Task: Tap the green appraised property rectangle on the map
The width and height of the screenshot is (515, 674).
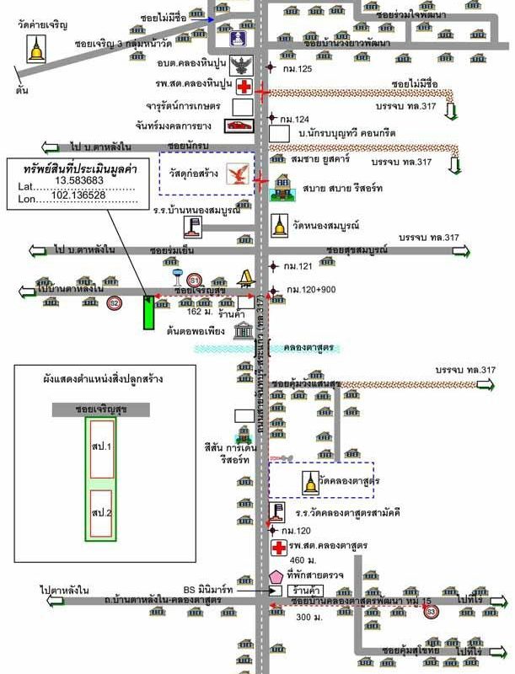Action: [x=148, y=313]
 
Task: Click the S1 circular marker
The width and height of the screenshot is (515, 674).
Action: [x=195, y=280]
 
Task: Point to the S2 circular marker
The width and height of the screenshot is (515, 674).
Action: [x=115, y=303]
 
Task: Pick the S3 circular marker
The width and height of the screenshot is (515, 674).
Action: [x=432, y=610]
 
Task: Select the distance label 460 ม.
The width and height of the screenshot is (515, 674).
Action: [x=302, y=560]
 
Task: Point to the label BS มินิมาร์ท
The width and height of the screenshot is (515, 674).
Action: [x=208, y=591]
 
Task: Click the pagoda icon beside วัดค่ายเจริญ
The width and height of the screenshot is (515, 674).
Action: [x=36, y=51]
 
